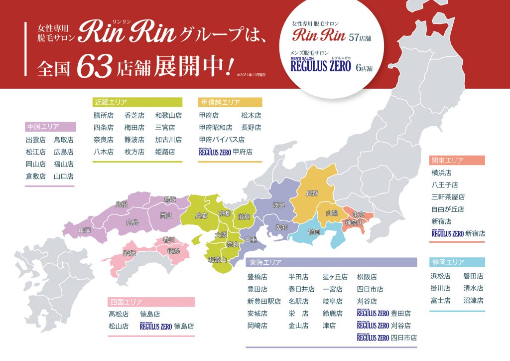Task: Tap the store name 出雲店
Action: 35,140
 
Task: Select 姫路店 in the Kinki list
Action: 165,152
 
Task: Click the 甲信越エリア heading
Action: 230,102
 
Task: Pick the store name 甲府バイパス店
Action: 222,140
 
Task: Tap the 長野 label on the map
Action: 311,193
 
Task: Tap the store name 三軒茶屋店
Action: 448,197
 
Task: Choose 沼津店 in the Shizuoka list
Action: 473,300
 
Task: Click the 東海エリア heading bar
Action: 331,262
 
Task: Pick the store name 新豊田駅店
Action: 264,301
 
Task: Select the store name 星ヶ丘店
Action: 335,276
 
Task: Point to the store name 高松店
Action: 119,314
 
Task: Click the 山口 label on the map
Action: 85,230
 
